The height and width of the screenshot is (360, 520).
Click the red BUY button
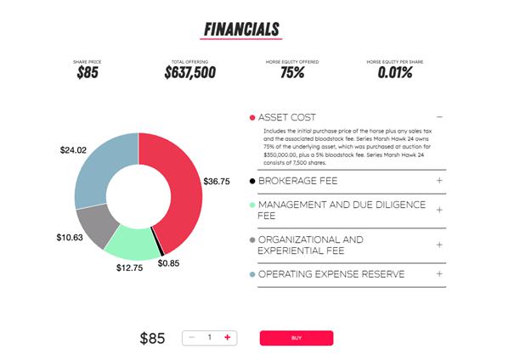[x=296, y=338]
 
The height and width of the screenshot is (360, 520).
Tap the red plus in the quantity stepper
[x=228, y=338]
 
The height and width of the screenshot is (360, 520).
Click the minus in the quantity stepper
[x=192, y=338]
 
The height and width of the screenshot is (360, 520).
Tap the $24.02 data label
[x=74, y=150]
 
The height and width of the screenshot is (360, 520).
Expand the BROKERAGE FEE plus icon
[x=439, y=181]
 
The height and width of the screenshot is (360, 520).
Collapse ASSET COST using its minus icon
[x=439, y=117]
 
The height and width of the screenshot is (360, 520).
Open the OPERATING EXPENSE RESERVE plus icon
[x=439, y=274]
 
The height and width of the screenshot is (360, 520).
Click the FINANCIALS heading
[x=241, y=29]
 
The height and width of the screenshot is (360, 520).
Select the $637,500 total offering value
[x=189, y=73]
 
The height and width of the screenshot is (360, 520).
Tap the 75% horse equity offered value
[x=293, y=73]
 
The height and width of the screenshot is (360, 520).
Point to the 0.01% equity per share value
[x=396, y=73]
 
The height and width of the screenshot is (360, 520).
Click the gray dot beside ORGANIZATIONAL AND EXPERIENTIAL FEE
[x=252, y=240]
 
